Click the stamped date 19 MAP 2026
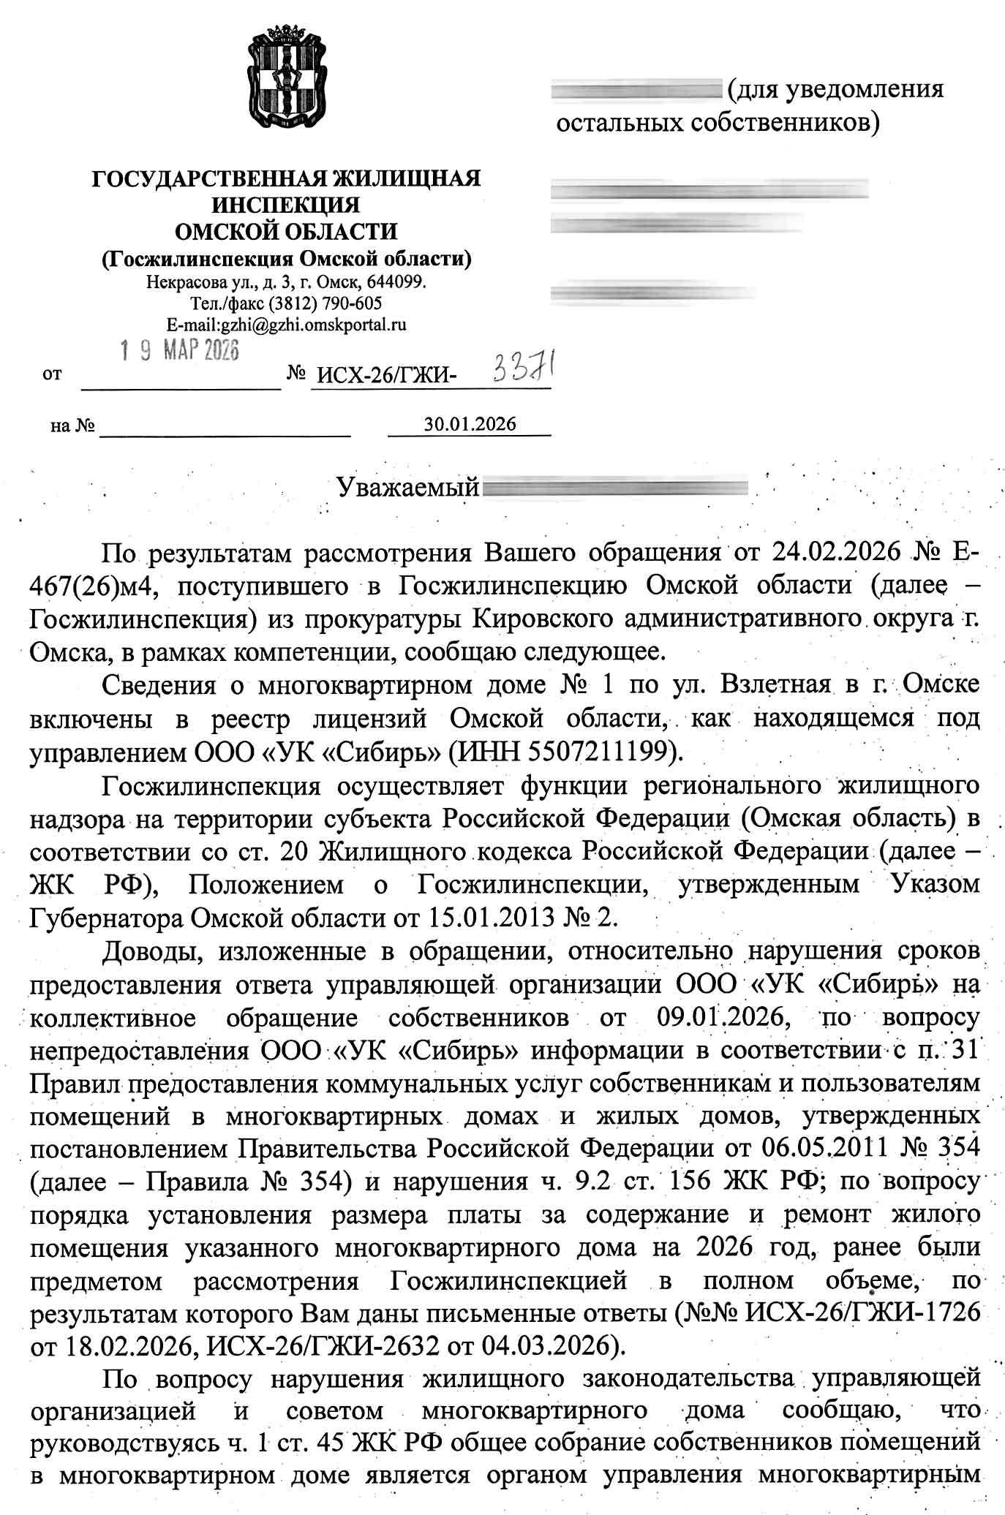point(180,352)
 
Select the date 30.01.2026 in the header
point(470,424)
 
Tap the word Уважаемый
point(408,487)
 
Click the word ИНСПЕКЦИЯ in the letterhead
point(285,205)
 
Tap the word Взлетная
point(775,684)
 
